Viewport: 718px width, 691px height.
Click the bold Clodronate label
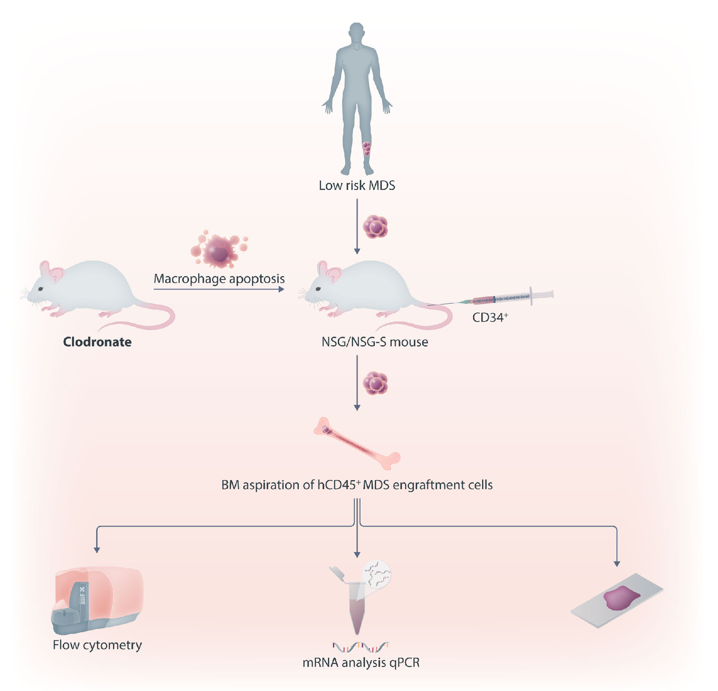point(97,342)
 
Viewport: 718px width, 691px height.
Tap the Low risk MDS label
point(357,185)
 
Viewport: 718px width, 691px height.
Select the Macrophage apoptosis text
point(219,279)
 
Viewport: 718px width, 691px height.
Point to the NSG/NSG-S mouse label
point(374,342)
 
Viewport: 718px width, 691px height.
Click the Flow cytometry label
point(97,645)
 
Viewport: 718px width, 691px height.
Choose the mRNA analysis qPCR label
point(361,663)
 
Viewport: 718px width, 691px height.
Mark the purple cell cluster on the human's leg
point(367,148)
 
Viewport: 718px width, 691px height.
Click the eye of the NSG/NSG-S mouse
point(318,289)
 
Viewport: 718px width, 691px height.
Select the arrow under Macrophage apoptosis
point(219,289)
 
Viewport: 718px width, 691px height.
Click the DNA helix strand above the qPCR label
point(361,647)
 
